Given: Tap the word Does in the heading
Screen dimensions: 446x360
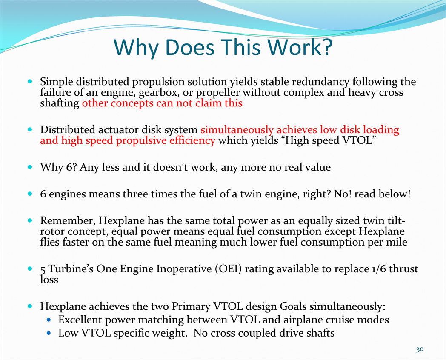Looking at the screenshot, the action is pos(190,47).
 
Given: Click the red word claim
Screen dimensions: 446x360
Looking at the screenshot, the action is pos(206,103).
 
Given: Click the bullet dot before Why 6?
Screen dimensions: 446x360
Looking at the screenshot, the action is pos(30,167).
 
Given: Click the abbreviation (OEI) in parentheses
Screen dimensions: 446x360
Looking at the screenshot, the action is pos(229,269).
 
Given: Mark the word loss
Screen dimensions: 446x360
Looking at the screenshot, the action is pos(49,280).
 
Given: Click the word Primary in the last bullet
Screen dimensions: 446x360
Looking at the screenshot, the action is pos(191,306).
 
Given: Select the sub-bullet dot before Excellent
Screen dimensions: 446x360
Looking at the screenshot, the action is pos(49,320).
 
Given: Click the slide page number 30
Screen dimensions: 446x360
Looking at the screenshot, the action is pos(420,349).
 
